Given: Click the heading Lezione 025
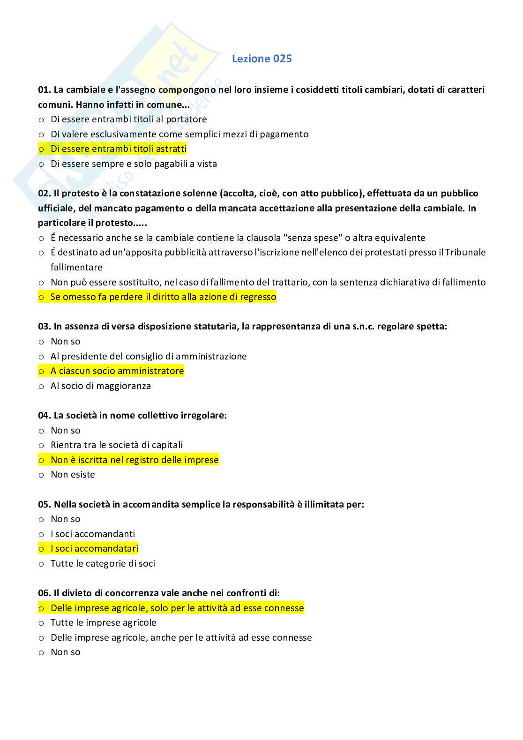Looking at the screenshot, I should click(x=261, y=59).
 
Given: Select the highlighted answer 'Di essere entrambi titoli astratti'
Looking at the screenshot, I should click(x=118, y=149).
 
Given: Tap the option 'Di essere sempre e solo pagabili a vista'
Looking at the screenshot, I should click(x=134, y=164).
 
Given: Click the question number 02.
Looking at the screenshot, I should click(x=44, y=194).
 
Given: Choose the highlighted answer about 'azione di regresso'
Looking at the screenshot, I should click(x=163, y=297).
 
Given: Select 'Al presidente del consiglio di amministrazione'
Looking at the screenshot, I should click(x=149, y=357).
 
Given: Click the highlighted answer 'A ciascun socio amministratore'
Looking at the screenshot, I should click(x=117, y=371).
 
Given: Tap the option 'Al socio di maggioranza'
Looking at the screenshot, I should click(x=101, y=386).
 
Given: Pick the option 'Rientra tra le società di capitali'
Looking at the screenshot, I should click(x=117, y=445).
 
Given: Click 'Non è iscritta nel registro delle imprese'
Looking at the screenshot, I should click(x=134, y=460).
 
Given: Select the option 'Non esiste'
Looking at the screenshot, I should click(x=73, y=475).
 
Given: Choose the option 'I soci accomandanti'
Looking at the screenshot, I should click(x=93, y=534).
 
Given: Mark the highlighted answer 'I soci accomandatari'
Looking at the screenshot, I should click(x=94, y=549).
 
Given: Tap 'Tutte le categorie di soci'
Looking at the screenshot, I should click(x=103, y=564).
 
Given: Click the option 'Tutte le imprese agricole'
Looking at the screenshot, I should click(x=104, y=623).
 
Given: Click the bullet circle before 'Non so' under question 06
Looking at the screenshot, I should click(x=41, y=653).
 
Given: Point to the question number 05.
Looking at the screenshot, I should click(x=44, y=505).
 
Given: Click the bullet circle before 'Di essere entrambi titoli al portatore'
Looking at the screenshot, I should click(x=41, y=120).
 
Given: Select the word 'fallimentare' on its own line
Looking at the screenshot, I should click(x=76, y=268).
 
